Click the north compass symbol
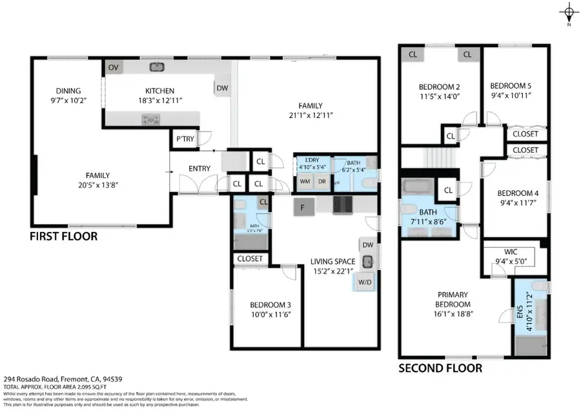click(569, 12)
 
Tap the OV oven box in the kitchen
click(114, 67)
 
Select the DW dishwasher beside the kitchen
click(221, 88)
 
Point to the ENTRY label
click(199, 168)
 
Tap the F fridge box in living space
click(303, 207)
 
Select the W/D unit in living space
click(365, 282)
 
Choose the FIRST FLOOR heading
click(63, 237)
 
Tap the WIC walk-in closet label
click(511, 253)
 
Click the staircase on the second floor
click(439, 157)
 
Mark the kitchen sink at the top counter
click(157, 66)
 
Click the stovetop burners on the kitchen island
click(151, 119)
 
